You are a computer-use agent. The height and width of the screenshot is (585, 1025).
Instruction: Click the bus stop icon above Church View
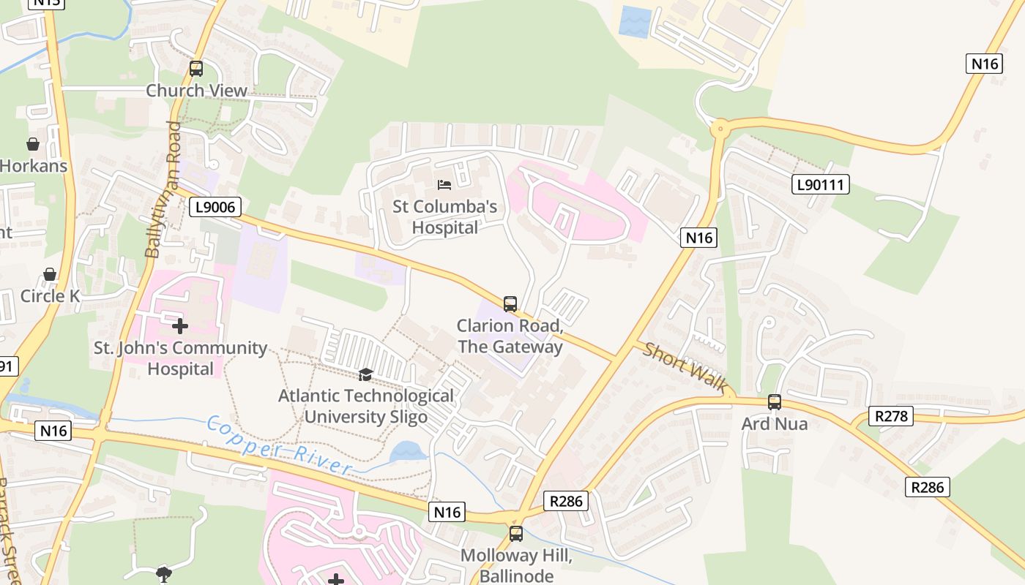pyautogui.click(x=196, y=69)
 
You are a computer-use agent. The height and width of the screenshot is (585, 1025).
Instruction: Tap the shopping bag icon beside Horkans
pyautogui.click(x=33, y=143)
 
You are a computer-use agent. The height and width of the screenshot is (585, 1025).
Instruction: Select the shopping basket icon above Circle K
pyautogui.click(x=50, y=274)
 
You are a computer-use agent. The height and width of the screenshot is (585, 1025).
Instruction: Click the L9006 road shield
pyautogui.click(x=216, y=207)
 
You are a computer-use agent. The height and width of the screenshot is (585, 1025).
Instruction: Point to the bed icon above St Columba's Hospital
pyautogui.click(x=444, y=184)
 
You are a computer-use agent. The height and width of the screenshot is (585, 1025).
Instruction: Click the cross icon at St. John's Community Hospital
pyautogui.click(x=180, y=325)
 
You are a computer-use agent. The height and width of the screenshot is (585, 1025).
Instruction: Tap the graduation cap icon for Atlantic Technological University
pyautogui.click(x=365, y=375)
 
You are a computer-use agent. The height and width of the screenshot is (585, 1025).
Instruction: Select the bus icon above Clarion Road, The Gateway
pyautogui.click(x=510, y=303)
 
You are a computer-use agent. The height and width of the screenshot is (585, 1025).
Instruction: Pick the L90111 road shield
pyautogui.click(x=821, y=184)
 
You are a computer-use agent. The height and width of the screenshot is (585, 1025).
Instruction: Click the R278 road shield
pyautogui.click(x=891, y=417)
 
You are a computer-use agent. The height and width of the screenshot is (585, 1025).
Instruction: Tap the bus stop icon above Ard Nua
pyautogui.click(x=775, y=401)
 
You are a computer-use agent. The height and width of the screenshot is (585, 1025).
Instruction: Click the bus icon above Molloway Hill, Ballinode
pyautogui.click(x=516, y=533)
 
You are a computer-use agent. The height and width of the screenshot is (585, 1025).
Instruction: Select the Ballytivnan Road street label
pyautogui.click(x=163, y=190)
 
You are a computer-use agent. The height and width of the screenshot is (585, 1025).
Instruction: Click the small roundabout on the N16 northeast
pyautogui.click(x=720, y=130)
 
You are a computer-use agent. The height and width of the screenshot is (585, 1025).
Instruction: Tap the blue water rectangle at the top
pyautogui.click(x=634, y=22)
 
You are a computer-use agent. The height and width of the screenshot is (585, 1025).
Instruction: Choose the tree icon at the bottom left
pyautogui.click(x=165, y=574)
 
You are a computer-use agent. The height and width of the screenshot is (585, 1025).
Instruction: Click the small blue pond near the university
pyautogui.click(x=408, y=452)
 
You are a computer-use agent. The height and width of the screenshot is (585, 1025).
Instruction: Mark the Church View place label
pyautogui.click(x=196, y=91)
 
